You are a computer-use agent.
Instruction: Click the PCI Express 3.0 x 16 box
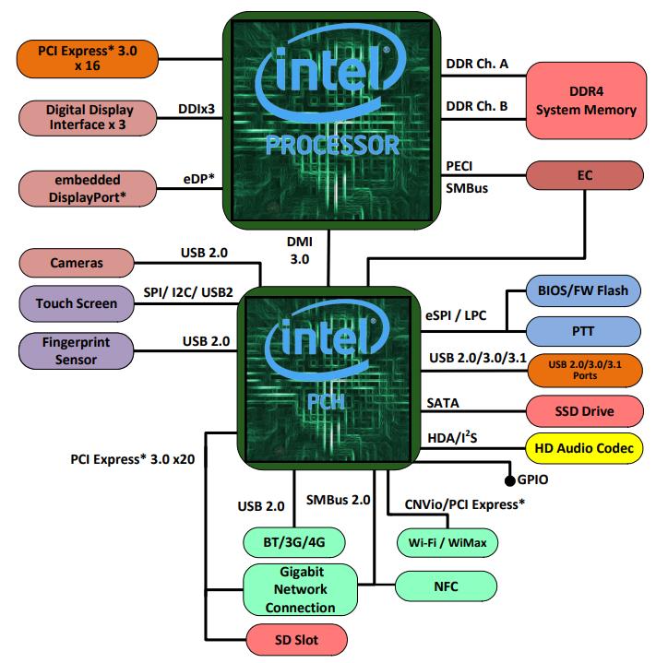click(88, 59)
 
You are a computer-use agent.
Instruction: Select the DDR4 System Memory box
click(586, 101)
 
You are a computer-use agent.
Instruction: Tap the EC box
click(585, 175)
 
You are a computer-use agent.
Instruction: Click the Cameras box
click(77, 263)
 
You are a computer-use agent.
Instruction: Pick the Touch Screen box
click(77, 303)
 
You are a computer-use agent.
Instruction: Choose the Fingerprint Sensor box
click(77, 350)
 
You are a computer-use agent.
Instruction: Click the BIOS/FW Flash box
click(583, 290)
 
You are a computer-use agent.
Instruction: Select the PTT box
click(583, 331)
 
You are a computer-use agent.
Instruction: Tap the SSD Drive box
click(585, 411)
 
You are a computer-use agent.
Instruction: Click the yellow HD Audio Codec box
click(584, 448)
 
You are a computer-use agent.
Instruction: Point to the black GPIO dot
click(510, 480)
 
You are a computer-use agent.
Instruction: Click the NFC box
click(447, 586)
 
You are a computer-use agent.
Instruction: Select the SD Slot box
click(296, 640)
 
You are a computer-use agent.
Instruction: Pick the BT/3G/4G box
click(294, 542)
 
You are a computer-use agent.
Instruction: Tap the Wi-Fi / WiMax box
click(447, 542)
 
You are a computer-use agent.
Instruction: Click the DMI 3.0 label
click(300, 250)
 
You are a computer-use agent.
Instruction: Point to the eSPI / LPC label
click(456, 315)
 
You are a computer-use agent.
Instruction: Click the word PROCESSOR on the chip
click(332, 145)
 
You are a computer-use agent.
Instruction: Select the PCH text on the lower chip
click(326, 402)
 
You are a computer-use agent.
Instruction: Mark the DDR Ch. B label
click(477, 106)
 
